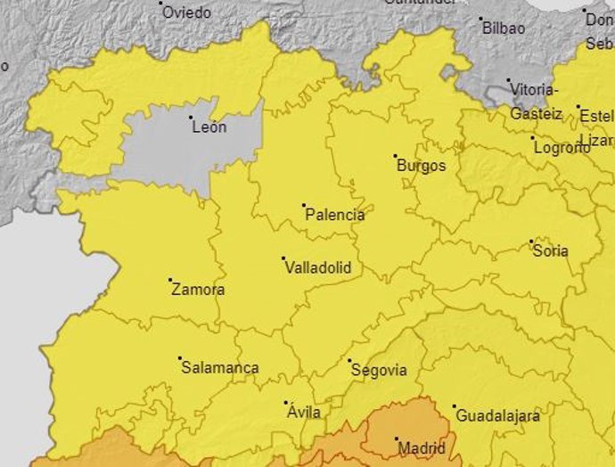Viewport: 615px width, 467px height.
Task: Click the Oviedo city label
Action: pyautogui.click(x=186, y=12)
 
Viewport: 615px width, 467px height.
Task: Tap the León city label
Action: pyautogui.click(x=209, y=127)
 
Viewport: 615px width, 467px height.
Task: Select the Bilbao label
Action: pyautogui.click(x=504, y=28)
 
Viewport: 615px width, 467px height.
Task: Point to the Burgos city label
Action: pyautogui.click(x=421, y=166)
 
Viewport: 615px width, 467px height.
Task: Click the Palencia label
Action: pyautogui.click(x=334, y=215)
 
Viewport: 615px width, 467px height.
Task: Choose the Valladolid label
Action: pyautogui.click(x=316, y=267)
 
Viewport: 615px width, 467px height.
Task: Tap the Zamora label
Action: pyautogui.click(x=198, y=290)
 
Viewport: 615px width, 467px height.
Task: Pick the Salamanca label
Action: pyautogui.click(x=220, y=368)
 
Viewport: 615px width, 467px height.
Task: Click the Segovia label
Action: pyautogui.click(x=379, y=370)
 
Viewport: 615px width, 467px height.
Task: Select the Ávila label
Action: pyautogui.click(x=303, y=413)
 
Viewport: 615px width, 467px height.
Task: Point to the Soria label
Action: pyautogui.click(x=550, y=250)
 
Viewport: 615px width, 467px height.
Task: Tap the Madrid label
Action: pyautogui.click(x=421, y=448)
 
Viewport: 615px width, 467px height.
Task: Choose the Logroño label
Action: pyautogui.click(x=562, y=148)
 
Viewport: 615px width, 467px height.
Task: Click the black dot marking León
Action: pyautogui.click(x=191, y=117)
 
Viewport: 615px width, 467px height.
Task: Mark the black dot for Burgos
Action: pyautogui.click(x=396, y=156)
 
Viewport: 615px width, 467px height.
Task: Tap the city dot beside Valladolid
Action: pyautogui.click(x=283, y=258)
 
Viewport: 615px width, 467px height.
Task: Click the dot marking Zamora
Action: pyautogui.click(x=170, y=280)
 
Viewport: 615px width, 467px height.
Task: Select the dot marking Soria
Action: pyautogui.click(x=531, y=242)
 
